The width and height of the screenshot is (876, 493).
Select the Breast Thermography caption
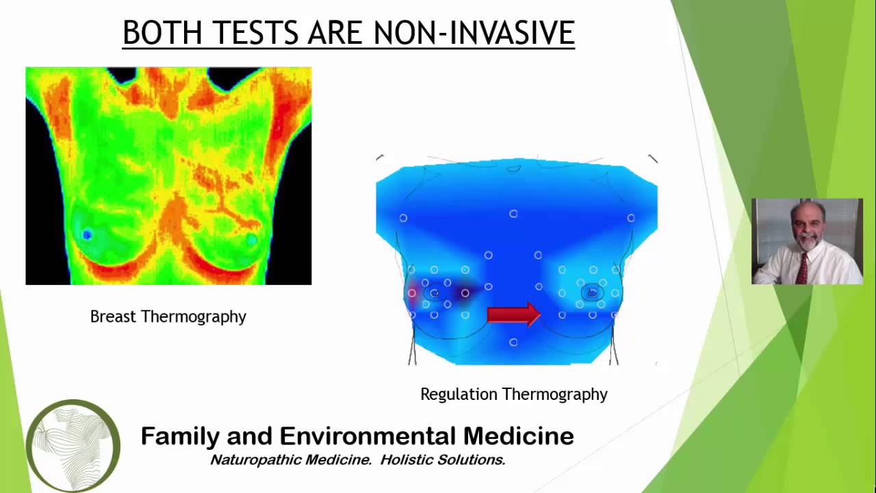pyautogui.click(x=168, y=316)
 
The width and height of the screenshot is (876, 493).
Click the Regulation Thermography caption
pyautogui.click(x=513, y=394)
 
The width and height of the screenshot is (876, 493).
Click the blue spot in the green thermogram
pyautogui.click(x=87, y=235)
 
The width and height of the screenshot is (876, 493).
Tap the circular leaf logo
pyautogui.click(x=73, y=446)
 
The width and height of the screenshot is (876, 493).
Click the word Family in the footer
pyautogui.click(x=179, y=436)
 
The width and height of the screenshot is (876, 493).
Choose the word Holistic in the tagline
pyautogui.click(x=408, y=460)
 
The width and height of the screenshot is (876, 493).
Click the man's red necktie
pyautogui.click(x=801, y=268)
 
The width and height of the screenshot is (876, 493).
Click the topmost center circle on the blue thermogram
pyautogui.click(x=513, y=214)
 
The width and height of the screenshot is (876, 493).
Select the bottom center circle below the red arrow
pyautogui.click(x=513, y=342)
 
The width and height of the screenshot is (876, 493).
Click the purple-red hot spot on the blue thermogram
pyautogui.click(x=413, y=293)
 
